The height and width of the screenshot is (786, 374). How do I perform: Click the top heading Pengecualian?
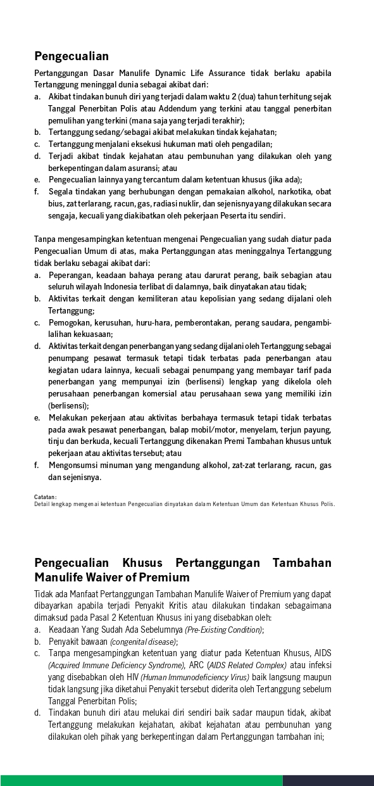coord(72,56)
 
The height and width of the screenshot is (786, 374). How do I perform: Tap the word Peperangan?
coord(71,276)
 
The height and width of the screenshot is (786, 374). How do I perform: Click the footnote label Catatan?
coord(46,497)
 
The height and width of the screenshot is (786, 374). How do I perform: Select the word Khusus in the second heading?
coord(142,563)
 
